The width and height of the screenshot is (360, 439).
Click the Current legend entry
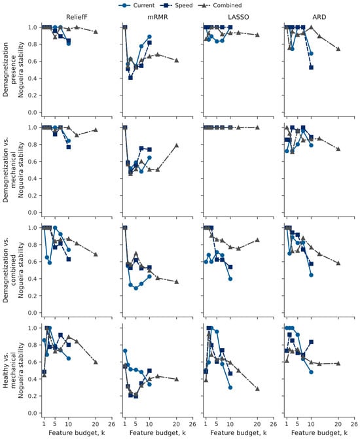tap(136, 5)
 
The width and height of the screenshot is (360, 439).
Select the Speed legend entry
tap(177, 5)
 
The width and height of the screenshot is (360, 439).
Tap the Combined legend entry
tap(220, 5)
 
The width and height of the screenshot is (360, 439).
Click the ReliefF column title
tap(77, 17)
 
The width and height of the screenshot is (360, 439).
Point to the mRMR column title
tap(158, 17)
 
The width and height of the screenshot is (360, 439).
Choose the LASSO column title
tap(238, 17)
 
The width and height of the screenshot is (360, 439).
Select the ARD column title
tap(319, 17)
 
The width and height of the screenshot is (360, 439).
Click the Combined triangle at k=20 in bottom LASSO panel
tap(257, 389)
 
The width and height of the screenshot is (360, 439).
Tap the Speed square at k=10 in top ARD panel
tap(311, 67)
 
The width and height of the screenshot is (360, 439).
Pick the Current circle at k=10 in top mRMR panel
tap(149, 37)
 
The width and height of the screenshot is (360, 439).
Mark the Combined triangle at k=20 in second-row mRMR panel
tap(177, 145)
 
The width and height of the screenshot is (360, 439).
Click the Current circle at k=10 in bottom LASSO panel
tap(230, 387)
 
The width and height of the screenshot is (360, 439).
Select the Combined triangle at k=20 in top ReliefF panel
tap(96, 31)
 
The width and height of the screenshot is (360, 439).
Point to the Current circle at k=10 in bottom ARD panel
tap(311, 372)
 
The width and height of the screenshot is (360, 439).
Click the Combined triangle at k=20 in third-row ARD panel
tap(338, 263)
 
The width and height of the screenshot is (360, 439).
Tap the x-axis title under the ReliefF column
tap(77, 433)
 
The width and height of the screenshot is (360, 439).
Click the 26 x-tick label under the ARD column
tap(354, 424)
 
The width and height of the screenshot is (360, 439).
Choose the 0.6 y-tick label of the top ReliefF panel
tap(33, 61)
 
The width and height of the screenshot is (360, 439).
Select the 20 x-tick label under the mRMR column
tap(177, 424)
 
